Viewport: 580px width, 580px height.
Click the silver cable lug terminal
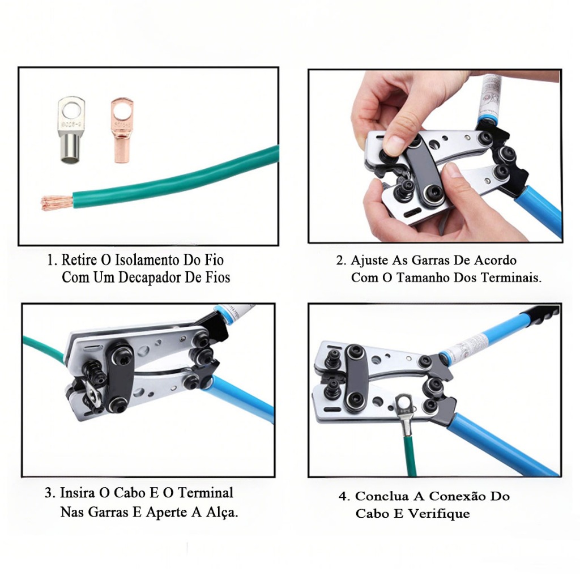click(71, 130)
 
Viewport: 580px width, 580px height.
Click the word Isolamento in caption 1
click(142, 260)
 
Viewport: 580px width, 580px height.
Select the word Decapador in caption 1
click(150, 277)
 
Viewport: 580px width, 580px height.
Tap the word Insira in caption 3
click(78, 493)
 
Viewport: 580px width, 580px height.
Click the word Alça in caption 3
click(220, 512)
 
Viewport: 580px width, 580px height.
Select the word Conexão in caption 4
click(458, 496)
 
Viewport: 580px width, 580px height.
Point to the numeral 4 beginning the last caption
click(343, 496)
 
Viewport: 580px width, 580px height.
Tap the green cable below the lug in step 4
click(411, 456)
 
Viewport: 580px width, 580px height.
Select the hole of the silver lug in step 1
click(71, 110)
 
